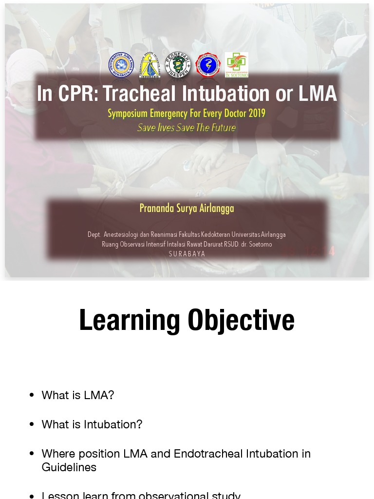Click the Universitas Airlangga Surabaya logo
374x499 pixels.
120,65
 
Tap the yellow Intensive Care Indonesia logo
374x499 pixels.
150,65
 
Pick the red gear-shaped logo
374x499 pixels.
208,65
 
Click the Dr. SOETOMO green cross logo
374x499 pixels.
237,65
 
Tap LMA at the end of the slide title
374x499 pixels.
318,94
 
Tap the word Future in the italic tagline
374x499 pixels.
223,128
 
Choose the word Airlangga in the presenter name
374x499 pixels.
216,208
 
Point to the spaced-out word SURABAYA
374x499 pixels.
187,254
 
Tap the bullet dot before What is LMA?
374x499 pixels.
32,395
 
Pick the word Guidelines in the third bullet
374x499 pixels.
69,467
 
